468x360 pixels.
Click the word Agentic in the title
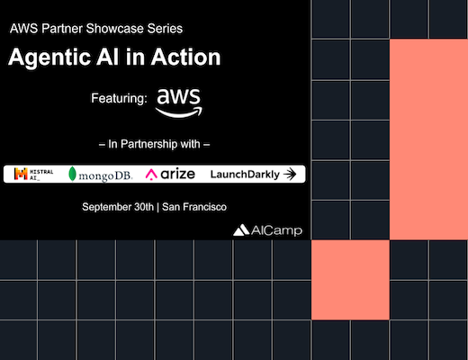click(49, 58)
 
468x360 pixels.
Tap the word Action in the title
click(185, 57)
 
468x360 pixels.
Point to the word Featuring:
click(119, 98)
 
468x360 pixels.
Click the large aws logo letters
click(178, 96)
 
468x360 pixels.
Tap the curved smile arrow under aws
click(179, 112)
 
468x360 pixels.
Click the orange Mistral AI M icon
click(21, 174)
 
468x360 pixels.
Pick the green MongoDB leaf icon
click(72, 174)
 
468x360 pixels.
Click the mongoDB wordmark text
click(105, 175)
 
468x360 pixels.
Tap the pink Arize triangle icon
click(151, 175)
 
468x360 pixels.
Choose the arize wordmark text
click(177, 174)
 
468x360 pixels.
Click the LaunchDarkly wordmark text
click(245, 175)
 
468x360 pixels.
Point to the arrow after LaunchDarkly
click(290, 174)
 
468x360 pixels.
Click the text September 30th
click(118, 207)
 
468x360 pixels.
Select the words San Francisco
click(194, 207)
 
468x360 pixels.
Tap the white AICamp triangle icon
click(241, 230)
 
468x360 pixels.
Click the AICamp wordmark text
click(276, 230)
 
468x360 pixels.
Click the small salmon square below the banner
click(350, 280)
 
